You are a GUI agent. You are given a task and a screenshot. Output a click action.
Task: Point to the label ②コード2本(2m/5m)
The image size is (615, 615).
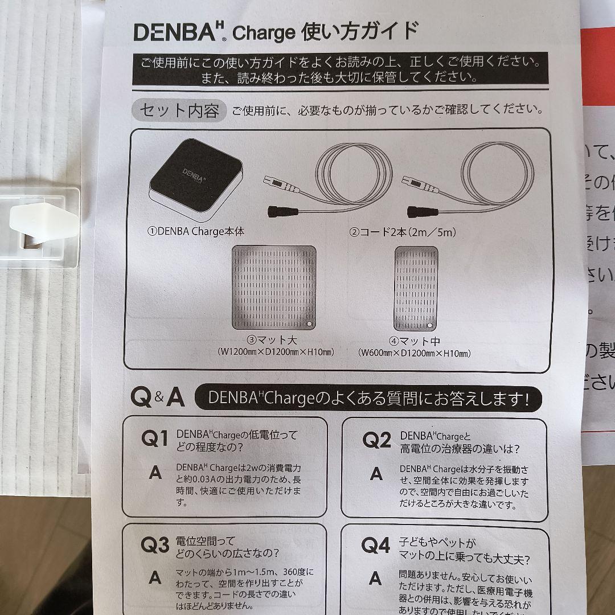(x=403, y=232)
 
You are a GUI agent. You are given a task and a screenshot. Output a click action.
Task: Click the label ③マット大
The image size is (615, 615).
(x=276, y=341)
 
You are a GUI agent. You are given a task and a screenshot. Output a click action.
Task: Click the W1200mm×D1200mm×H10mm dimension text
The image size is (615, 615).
(x=276, y=352)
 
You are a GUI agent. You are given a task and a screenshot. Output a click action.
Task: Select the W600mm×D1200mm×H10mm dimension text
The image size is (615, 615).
(x=415, y=354)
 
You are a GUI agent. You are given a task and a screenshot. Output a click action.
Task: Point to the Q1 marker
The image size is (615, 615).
(x=154, y=439)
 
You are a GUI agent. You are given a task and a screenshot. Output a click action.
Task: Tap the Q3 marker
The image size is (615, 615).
(x=154, y=545)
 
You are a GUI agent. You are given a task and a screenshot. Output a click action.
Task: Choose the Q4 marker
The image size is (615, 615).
(x=376, y=545)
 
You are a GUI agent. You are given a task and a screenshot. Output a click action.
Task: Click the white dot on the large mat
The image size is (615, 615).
(x=309, y=323)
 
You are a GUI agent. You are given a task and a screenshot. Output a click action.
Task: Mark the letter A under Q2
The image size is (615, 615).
(x=376, y=474)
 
